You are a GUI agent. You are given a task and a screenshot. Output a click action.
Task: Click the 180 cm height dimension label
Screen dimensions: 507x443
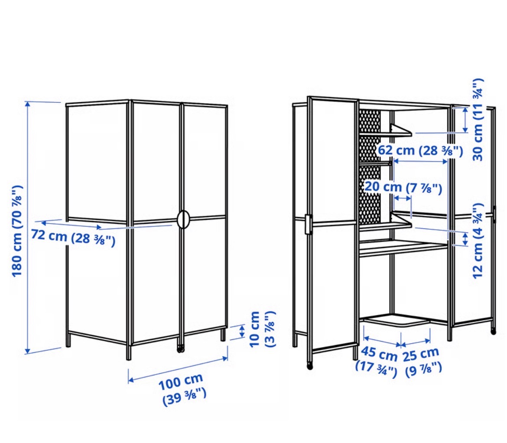17,231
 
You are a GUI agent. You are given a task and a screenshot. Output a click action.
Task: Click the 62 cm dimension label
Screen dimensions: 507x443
420,150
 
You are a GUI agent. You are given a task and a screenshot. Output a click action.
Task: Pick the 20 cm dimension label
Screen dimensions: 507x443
403,187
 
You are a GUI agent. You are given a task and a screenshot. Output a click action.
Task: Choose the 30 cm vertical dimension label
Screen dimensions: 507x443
478,119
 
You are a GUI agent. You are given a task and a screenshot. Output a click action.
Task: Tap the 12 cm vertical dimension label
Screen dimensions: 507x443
478,241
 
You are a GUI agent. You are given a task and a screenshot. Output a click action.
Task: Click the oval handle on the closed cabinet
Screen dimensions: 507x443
184,220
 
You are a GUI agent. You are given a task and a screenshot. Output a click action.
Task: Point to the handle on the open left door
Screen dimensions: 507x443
308,224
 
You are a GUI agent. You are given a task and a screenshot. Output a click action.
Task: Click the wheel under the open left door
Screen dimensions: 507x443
310,366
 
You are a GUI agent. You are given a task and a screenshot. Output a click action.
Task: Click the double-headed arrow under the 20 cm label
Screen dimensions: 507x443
403,198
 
